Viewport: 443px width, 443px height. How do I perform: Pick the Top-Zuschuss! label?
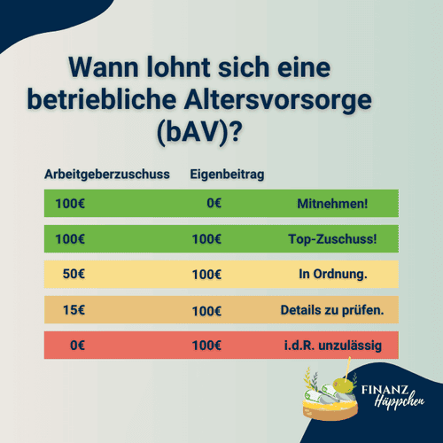point(333,239)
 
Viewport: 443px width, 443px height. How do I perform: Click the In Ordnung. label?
point(333,274)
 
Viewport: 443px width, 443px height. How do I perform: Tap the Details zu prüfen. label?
point(331,309)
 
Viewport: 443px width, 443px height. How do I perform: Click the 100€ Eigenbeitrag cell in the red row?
point(206,345)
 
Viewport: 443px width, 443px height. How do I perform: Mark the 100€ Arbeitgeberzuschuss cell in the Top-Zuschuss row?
point(71,239)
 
